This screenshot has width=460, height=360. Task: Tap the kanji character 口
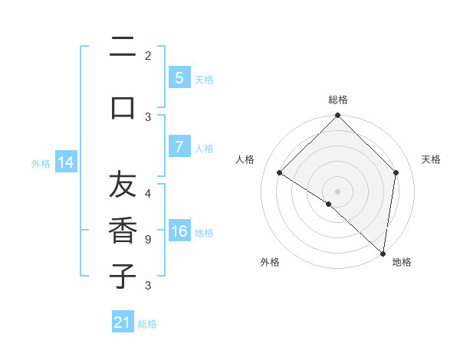pos(123,107)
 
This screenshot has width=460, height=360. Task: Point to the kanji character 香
pos(123,230)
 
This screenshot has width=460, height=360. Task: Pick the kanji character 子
pos(123,275)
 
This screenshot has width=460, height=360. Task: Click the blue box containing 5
pos(179,78)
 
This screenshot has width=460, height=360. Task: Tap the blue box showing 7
pos(179,148)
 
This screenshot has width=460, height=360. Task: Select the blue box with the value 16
pos(179,232)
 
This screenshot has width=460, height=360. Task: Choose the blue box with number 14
pos(66,162)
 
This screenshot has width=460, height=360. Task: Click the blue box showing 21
pos(123,323)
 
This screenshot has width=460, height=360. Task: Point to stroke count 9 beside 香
pos(147,240)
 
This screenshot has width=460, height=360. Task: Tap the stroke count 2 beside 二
pos(147,56)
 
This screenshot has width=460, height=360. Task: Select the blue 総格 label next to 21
pos(147,324)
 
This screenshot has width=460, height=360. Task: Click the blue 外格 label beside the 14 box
pos(41,163)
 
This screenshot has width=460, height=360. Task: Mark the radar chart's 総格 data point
pos(337,116)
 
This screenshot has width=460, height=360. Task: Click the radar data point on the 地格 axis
pos(383,253)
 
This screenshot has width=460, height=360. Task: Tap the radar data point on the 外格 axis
pos(329,204)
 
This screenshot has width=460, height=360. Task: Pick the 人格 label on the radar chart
pos(245,159)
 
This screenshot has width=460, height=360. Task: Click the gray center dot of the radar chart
pos(337,191)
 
